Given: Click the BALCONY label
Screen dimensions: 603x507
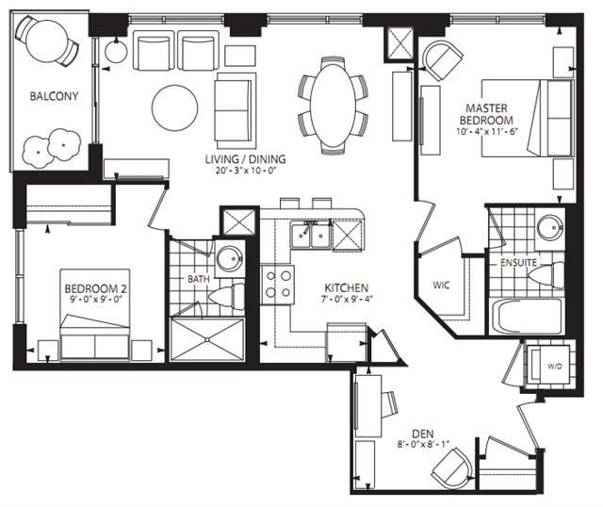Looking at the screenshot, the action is point(55,96).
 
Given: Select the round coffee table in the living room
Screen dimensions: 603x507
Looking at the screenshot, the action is point(175,108).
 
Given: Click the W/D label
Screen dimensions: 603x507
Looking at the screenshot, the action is point(555,367).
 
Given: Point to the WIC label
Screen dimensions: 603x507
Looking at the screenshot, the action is point(441,286).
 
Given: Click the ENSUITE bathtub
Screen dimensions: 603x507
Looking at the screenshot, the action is point(527,317).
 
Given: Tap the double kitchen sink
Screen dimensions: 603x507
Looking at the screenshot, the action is point(311,236).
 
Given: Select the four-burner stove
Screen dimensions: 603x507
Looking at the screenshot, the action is point(278,285).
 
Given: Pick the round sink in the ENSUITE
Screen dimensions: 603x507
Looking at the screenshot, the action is point(549,228).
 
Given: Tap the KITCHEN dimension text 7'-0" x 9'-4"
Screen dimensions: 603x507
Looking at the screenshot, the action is point(347,299).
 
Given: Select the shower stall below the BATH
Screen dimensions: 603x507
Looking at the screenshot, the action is point(207,339).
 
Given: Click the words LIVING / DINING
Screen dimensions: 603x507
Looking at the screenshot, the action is point(245,159).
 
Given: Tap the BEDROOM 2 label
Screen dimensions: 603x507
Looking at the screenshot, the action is point(96,288).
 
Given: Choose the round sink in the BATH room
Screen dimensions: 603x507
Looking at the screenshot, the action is point(230,259).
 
